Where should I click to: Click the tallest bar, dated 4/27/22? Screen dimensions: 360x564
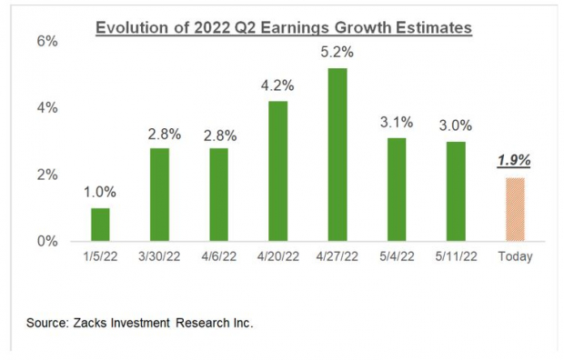point(337,155)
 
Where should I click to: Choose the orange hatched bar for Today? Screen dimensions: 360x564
point(514,209)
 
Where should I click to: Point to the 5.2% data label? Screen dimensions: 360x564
point(337,52)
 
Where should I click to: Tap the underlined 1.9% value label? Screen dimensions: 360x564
point(514,161)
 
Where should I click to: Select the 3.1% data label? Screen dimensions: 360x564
point(397,122)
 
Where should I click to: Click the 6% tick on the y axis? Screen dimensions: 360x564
point(47,42)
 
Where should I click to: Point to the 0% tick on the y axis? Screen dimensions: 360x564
point(47,242)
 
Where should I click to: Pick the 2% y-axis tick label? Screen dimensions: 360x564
point(47,175)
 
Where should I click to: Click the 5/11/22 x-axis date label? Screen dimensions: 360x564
point(455,257)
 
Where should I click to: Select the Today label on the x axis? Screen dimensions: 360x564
point(514,257)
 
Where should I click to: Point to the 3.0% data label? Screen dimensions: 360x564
point(455,125)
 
